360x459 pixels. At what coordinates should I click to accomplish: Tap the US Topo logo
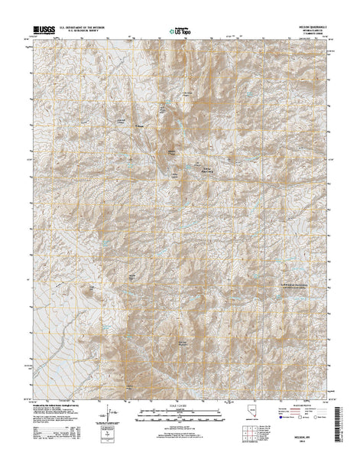[x=180, y=32]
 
